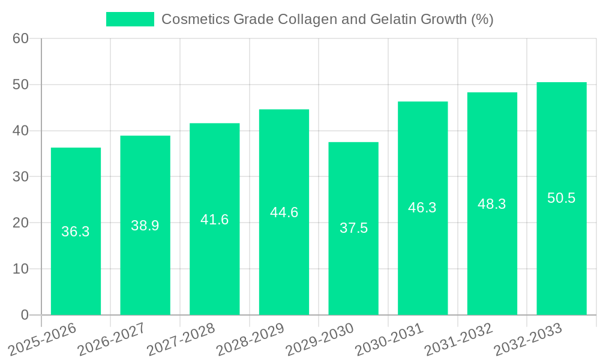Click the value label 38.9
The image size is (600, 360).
[145, 226]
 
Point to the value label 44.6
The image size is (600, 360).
[284, 212]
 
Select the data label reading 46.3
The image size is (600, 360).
[422, 208]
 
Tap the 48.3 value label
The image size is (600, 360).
[492, 204]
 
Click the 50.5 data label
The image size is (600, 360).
[562, 198]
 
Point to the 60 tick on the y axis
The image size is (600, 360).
[21, 38]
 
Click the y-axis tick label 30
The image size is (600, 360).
[21, 177]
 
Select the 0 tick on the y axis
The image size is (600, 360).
[25, 315]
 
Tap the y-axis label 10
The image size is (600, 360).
[21, 269]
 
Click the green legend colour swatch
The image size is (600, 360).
[130, 19]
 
